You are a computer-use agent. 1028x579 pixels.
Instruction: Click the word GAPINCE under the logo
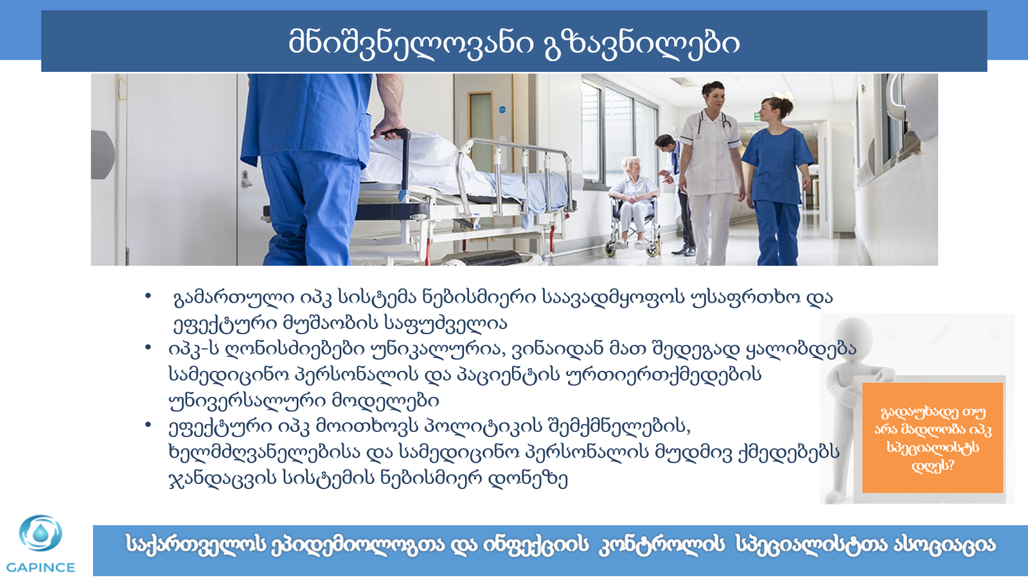(40, 567)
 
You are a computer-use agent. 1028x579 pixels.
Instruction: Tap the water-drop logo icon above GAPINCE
(40, 533)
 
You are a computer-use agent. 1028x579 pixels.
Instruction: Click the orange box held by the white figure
(932, 438)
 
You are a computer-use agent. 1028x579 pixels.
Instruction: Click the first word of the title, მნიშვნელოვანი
(411, 42)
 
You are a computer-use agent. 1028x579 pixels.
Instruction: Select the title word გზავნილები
(642, 42)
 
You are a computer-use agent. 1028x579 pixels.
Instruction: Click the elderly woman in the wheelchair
(634, 193)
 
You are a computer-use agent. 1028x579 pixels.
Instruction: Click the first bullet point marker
(148, 296)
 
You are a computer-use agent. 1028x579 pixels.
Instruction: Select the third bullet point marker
(148, 425)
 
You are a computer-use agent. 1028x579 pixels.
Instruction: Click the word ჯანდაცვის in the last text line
(223, 479)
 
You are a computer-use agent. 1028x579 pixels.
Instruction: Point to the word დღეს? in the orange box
(932, 466)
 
